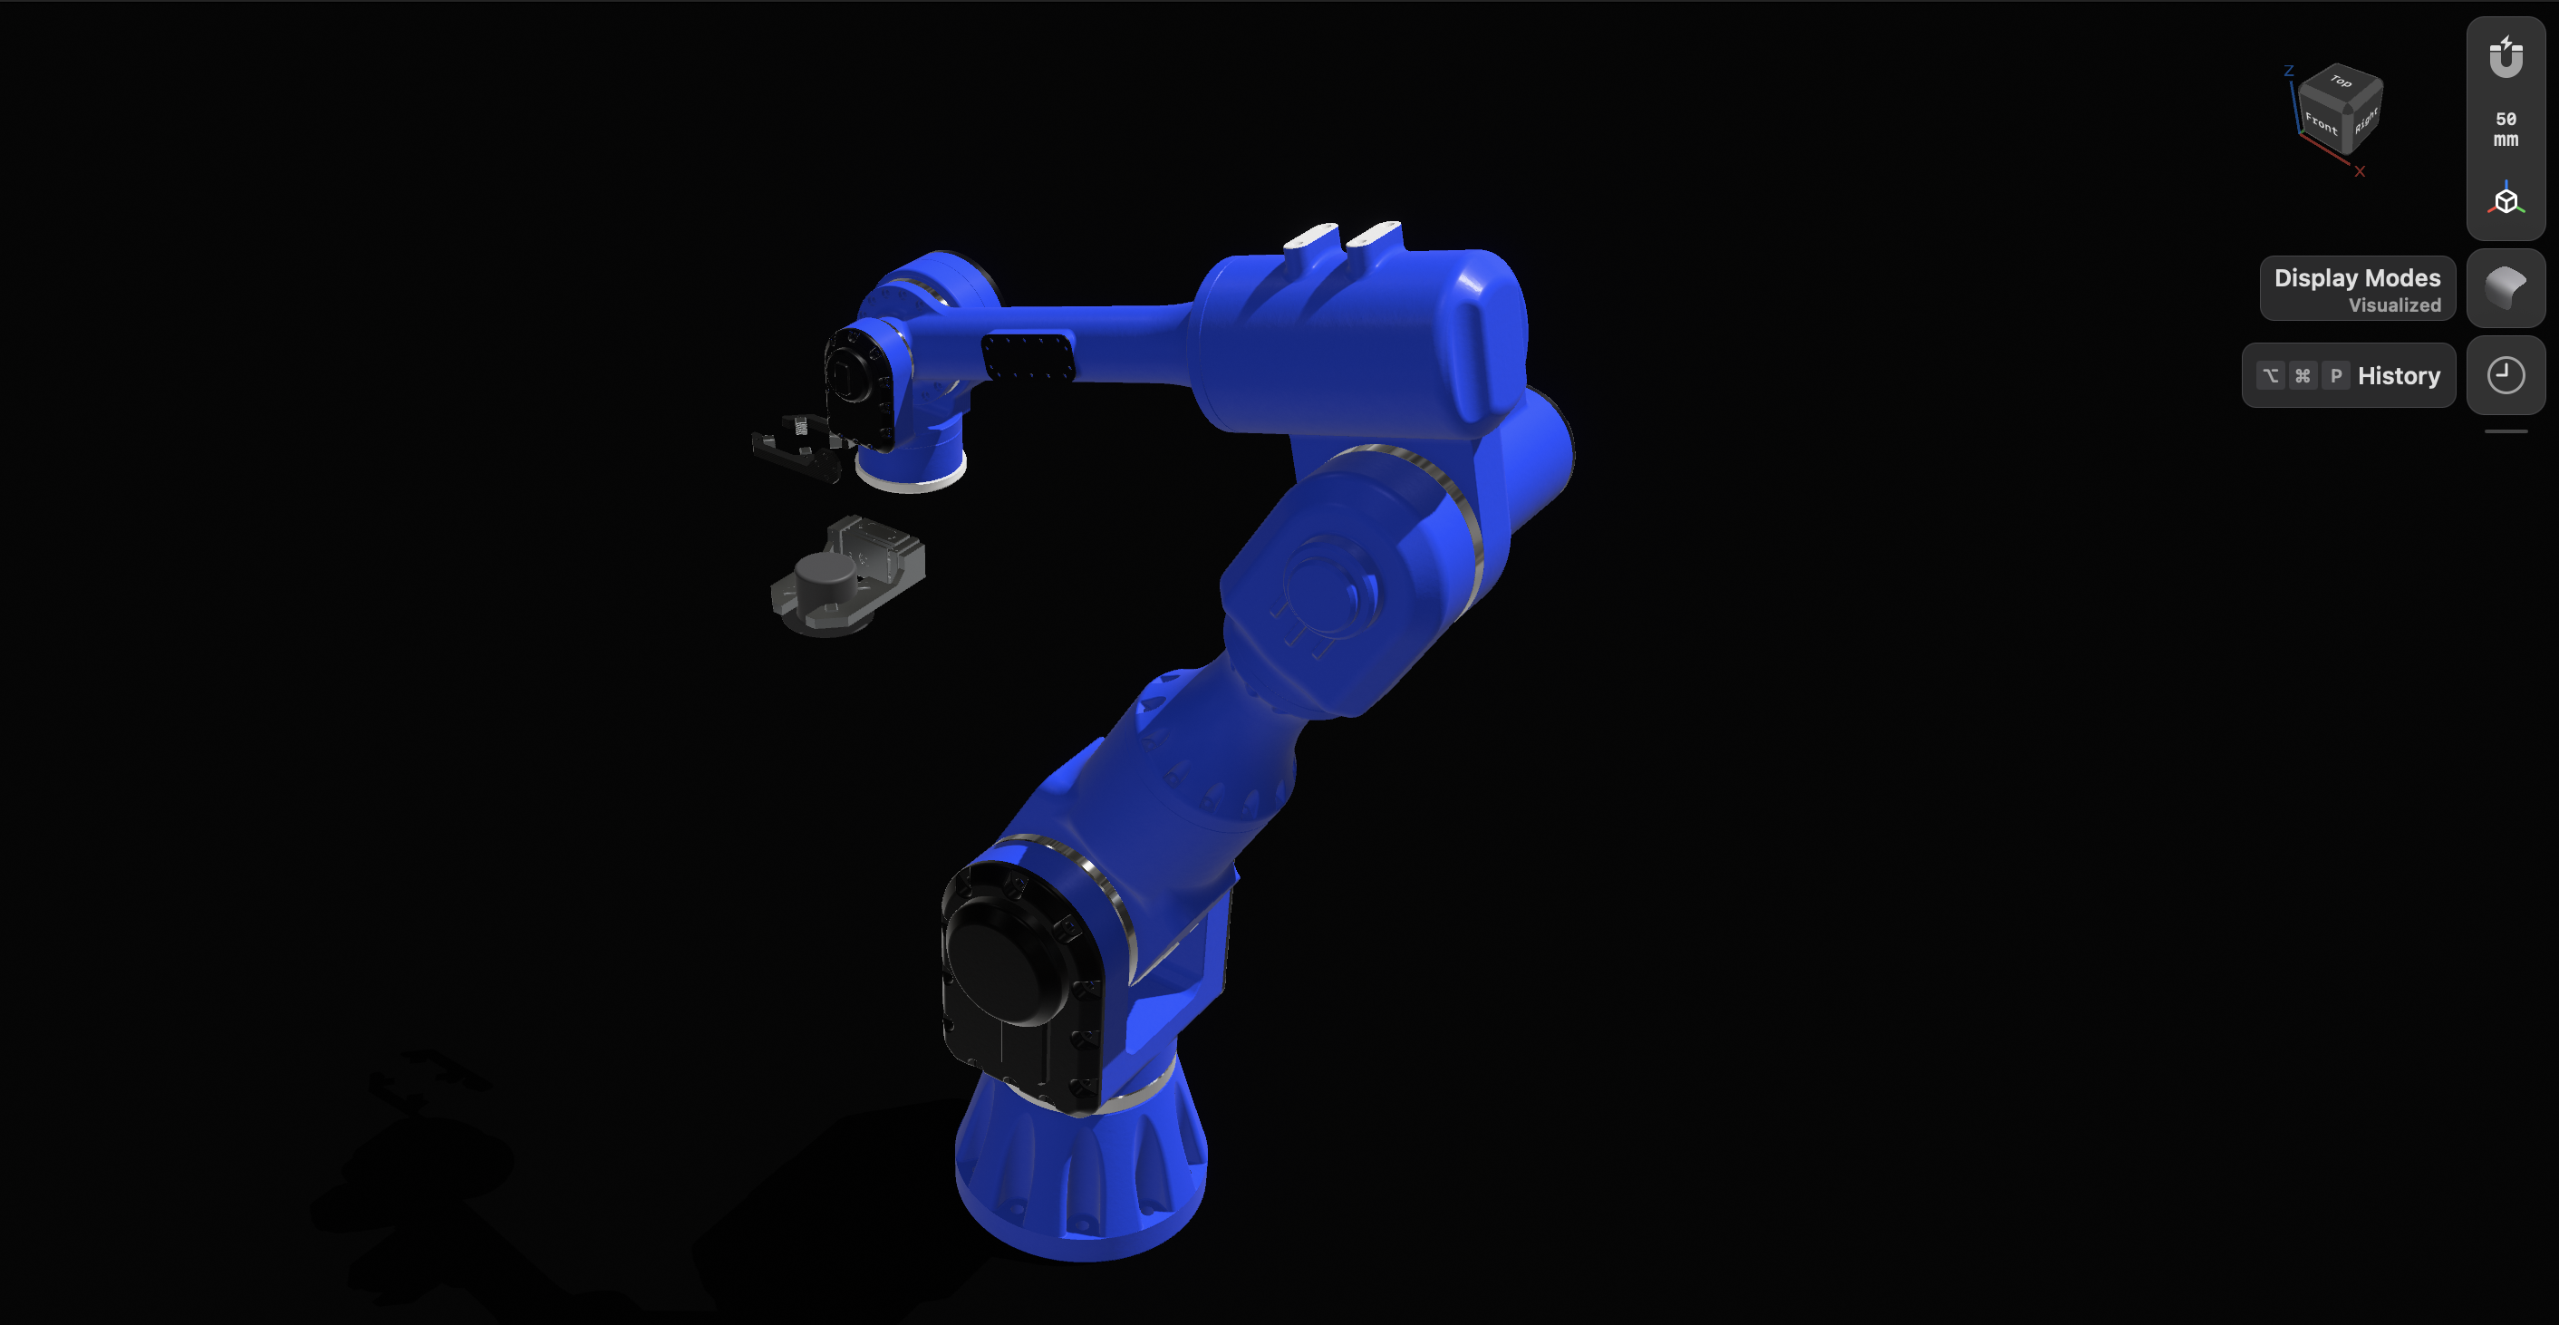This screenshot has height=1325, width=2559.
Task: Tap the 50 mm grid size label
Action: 2506,129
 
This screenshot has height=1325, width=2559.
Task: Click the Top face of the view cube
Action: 2342,82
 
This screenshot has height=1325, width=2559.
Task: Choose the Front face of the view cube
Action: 2321,124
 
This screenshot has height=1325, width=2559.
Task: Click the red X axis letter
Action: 2360,172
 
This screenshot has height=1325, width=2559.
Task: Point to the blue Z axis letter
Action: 2288,72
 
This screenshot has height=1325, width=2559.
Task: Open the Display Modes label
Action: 2356,288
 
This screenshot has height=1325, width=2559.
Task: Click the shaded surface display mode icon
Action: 2506,288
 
